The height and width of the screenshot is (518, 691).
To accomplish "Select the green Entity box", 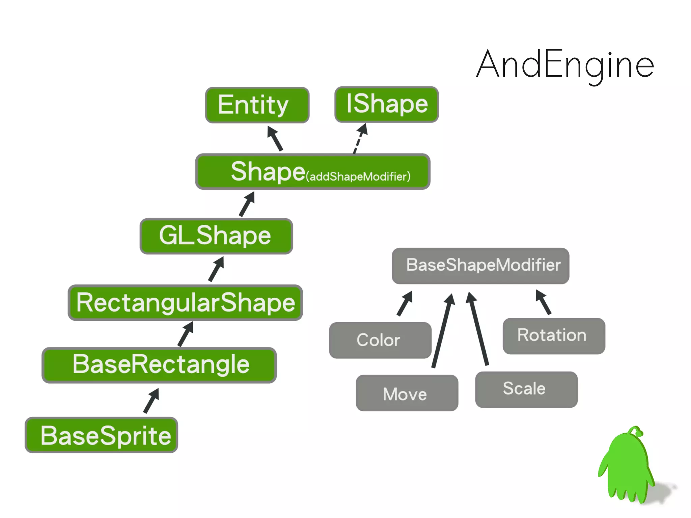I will [257, 105].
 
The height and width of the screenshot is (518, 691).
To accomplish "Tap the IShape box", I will [387, 104].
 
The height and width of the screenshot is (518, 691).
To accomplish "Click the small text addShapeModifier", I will [358, 176].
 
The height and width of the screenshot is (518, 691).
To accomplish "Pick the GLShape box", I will [216, 236].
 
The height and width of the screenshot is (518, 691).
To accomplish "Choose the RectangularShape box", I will [185, 302].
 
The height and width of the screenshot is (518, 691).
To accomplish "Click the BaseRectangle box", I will [159, 365].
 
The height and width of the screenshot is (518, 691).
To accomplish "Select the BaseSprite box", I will [101, 435].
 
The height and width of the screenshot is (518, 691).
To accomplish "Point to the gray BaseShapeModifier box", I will [480, 266].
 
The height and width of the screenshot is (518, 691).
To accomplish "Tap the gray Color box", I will [380, 340].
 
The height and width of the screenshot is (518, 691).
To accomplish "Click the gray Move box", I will [407, 393].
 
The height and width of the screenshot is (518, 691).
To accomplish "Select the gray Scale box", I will [526, 389].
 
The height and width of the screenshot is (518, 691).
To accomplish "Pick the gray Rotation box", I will [554, 336].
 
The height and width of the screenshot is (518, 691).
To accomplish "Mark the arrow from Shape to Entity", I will [275, 138].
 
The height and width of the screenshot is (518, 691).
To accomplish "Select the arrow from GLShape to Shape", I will [247, 204].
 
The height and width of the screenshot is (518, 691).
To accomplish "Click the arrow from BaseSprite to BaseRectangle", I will [151, 401].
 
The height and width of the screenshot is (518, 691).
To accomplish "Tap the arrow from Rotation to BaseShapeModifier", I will [543, 302].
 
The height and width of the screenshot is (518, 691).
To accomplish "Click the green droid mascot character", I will [627, 467].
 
